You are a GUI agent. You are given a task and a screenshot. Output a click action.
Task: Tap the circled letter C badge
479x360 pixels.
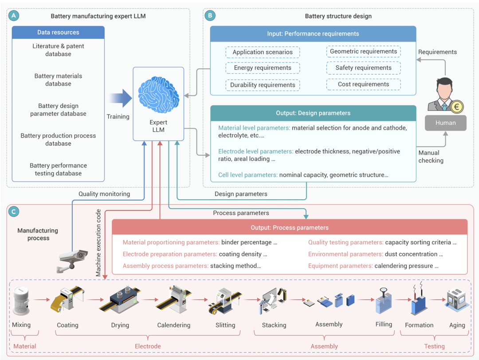[x=14, y=212]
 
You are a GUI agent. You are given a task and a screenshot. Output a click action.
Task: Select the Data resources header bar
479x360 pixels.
[x=58, y=32]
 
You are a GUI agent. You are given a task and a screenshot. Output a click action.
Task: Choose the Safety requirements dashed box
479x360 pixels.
[x=363, y=68]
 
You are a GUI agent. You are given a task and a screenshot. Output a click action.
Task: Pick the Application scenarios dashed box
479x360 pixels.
[x=263, y=52]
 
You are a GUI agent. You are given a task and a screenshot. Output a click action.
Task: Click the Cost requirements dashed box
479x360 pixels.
[x=363, y=84]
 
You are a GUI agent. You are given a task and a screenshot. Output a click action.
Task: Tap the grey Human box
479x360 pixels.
[x=445, y=123]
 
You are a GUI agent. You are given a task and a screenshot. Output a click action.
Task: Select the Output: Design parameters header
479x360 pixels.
[x=313, y=113]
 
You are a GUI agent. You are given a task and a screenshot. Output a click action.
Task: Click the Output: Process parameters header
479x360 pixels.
[x=289, y=228]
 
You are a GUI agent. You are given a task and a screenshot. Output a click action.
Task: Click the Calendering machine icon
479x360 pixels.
[x=174, y=299]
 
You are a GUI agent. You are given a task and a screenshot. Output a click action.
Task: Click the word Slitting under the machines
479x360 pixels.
[x=225, y=325]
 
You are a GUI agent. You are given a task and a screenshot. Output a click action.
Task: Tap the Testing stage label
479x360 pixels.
[x=434, y=346]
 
